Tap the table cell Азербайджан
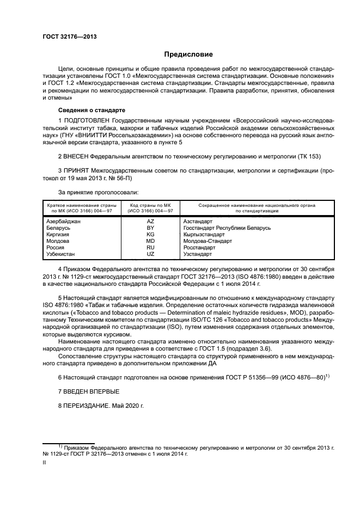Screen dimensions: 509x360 click(x=63, y=222)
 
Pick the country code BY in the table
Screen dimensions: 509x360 click(x=150, y=228)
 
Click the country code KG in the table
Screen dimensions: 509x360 click(x=150, y=234)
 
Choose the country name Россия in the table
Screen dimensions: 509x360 click(x=54, y=247)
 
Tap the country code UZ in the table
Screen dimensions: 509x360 click(x=150, y=254)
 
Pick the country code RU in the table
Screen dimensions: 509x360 click(x=150, y=247)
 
